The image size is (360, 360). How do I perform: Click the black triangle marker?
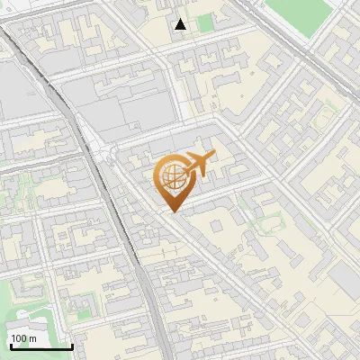pos(181,24)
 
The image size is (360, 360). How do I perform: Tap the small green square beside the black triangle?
pos(206,22)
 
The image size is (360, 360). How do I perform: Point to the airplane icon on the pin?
pos(197,164)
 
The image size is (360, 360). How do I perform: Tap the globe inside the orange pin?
pos(174,175)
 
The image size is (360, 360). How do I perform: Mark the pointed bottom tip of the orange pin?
pos(174,211)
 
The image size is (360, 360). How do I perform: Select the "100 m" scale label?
pos(24,338)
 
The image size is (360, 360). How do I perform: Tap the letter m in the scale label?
pos(33,338)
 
